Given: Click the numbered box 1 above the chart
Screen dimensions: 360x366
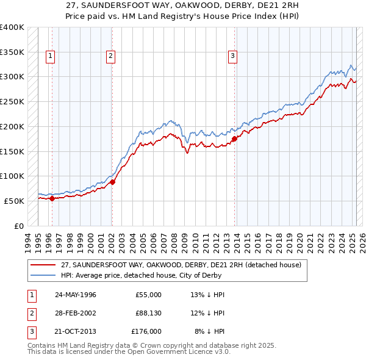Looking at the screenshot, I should tap(49, 57).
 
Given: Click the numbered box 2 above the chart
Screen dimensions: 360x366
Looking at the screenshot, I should tap(110, 57).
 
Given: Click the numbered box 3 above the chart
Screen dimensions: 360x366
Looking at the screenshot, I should tap(232, 57).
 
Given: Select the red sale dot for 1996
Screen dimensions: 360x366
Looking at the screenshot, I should tap(52, 198).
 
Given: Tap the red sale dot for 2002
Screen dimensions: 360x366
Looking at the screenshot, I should tap(112, 181).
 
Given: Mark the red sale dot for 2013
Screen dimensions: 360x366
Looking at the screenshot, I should tap(234, 139).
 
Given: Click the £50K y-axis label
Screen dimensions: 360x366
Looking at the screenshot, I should tap(14, 201).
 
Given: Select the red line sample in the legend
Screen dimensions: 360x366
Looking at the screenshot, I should tap(43, 265).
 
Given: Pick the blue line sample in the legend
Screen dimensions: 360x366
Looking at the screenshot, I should tap(43, 276).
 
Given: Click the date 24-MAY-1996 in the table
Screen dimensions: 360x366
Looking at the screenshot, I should tap(76, 295).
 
